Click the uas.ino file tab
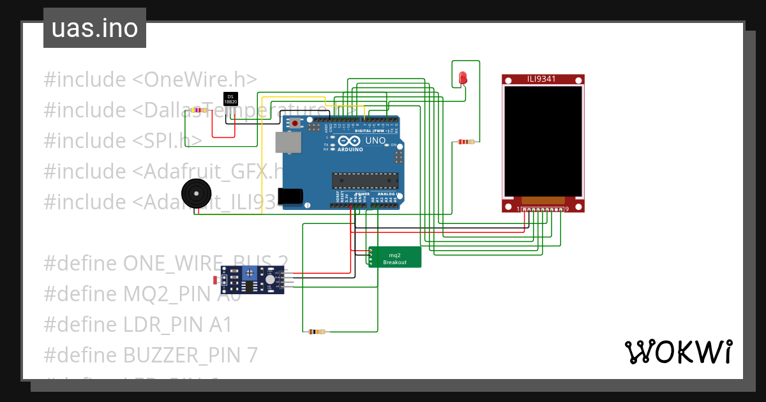(x=94, y=29)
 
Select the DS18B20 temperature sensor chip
(x=230, y=99)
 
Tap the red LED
(x=463, y=78)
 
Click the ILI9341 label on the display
(x=541, y=79)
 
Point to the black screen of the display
(x=543, y=141)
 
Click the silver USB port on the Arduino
(x=288, y=143)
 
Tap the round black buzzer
(x=195, y=193)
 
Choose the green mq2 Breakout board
(x=394, y=257)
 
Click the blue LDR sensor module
(x=255, y=279)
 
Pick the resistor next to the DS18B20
(x=199, y=110)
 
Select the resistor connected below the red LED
(x=467, y=142)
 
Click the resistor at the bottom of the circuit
(x=316, y=332)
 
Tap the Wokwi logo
(x=678, y=352)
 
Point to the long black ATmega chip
(x=364, y=181)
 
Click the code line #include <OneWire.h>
(x=151, y=80)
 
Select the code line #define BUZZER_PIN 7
(x=151, y=355)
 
